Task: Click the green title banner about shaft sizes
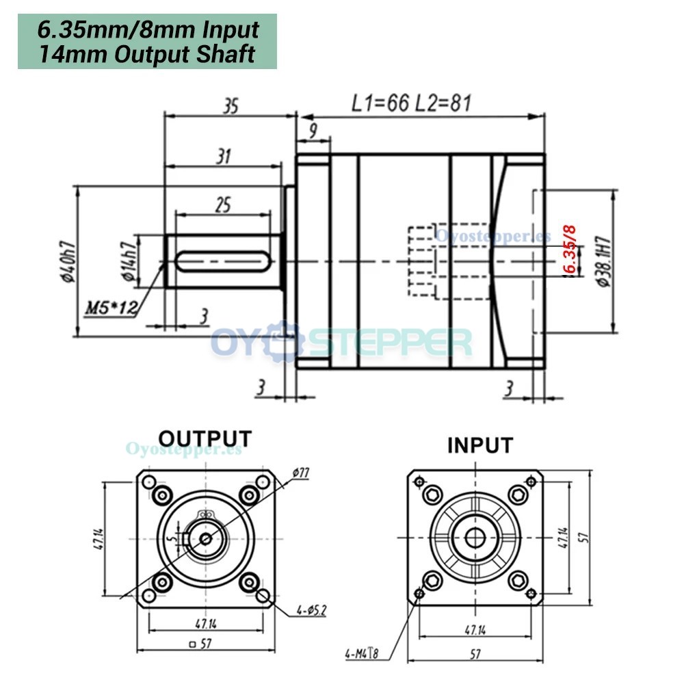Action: (x=147, y=42)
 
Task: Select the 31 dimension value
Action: (x=223, y=157)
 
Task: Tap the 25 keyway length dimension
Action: (x=223, y=204)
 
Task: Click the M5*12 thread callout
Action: (x=109, y=308)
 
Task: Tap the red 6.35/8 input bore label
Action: (x=569, y=249)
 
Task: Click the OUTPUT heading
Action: (x=205, y=438)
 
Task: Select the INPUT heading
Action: (x=479, y=445)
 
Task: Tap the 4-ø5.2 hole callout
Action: (x=311, y=608)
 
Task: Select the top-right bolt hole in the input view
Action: (x=518, y=495)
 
